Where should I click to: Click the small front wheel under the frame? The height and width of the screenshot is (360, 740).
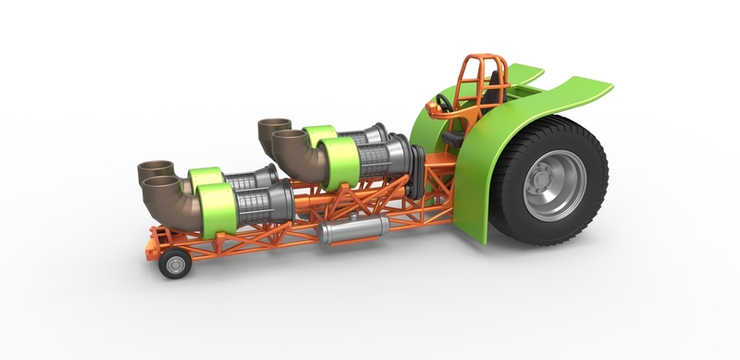coord(173,265)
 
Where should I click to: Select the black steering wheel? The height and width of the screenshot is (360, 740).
coord(444,103)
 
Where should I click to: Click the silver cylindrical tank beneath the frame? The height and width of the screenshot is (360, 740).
coord(350,231)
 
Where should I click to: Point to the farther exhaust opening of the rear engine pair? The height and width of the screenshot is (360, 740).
coord(275,123)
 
